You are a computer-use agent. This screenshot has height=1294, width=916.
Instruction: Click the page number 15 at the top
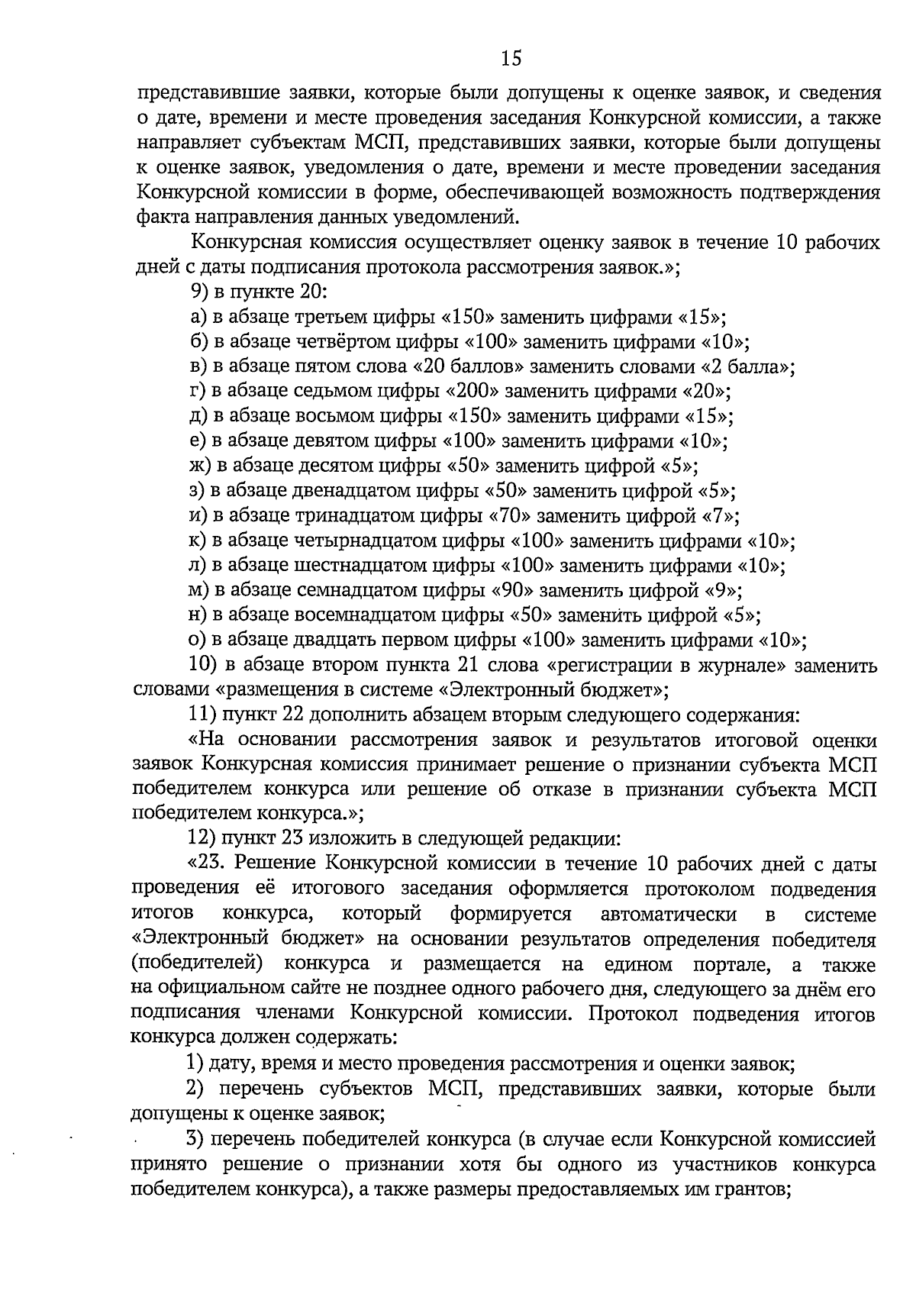point(511,58)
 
